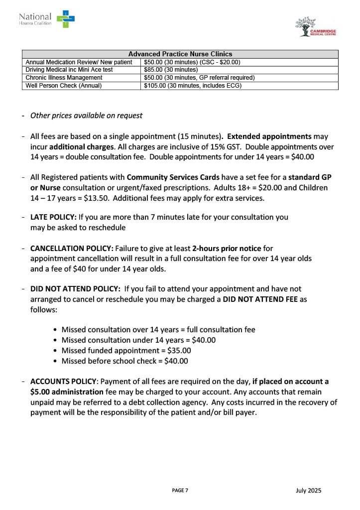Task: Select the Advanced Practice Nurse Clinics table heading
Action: click(180, 54)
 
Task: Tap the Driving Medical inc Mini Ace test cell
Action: click(69, 70)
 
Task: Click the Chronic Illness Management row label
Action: click(64, 78)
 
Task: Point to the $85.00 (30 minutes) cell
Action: click(171, 70)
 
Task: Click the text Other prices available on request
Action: click(86, 116)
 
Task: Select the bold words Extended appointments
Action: click(270, 136)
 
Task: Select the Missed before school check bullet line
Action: click(124, 361)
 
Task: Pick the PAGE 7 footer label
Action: click(180, 491)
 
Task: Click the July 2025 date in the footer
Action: click(308, 491)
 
